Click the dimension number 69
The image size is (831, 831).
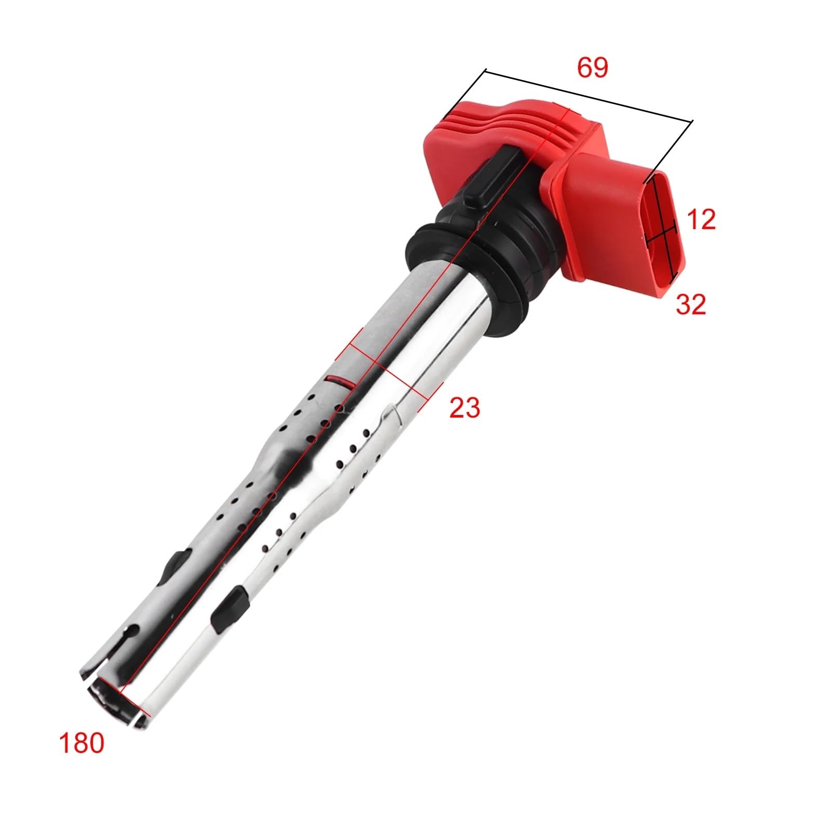click(x=593, y=68)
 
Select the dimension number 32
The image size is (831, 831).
click(x=691, y=304)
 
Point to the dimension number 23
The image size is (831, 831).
click(x=465, y=408)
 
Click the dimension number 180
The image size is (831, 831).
click(x=82, y=743)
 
